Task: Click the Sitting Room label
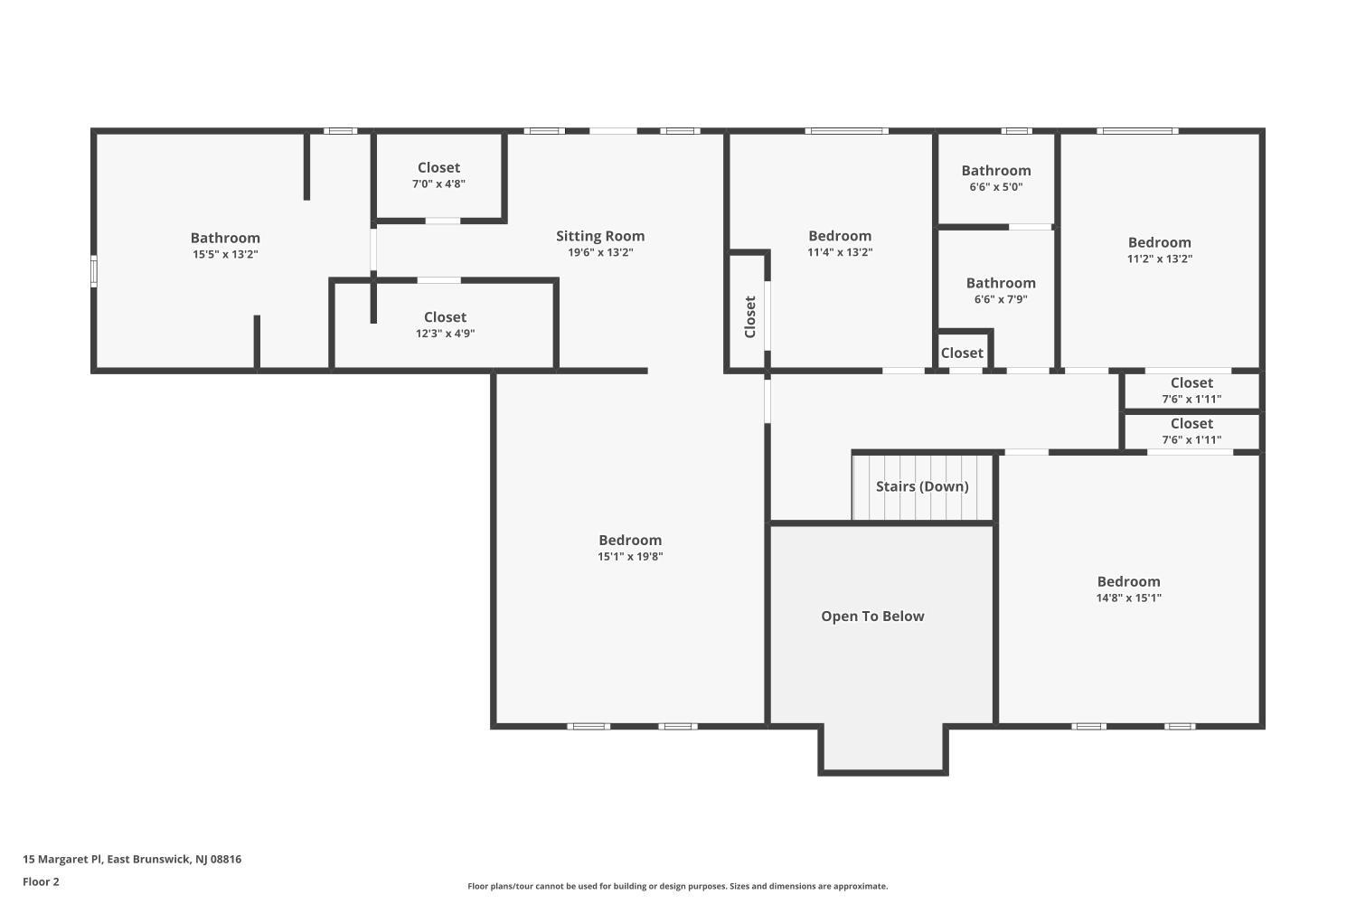[x=600, y=236]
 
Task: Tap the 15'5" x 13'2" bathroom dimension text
[x=225, y=254]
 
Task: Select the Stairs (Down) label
[x=922, y=486]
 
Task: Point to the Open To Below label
[x=872, y=617]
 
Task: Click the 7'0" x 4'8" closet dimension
[x=438, y=184]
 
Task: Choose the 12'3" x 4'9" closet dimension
[x=445, y=334]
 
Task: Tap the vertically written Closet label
[x=750, y=316]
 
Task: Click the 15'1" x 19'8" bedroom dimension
[x=630, y=557]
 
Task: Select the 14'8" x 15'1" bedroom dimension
[x=1128, y=598]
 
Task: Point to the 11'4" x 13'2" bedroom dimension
[x=840, y=252]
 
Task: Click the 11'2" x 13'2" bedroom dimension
[x=1159, y=259]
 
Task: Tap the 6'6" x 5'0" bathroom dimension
[x=996, y=187]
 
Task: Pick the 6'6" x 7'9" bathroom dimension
[x=1001, y=299]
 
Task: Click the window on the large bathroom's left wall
[x=94, y=270]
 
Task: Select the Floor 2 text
[x=42, y=881]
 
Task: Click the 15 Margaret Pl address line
[x=132, y=859]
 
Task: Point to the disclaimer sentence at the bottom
[x=677, y=886]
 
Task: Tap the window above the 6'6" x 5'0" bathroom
[x=1016, y=131]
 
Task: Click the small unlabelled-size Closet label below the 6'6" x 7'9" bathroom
[x=962, y=353]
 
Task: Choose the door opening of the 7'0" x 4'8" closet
[x=443, y=221]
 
